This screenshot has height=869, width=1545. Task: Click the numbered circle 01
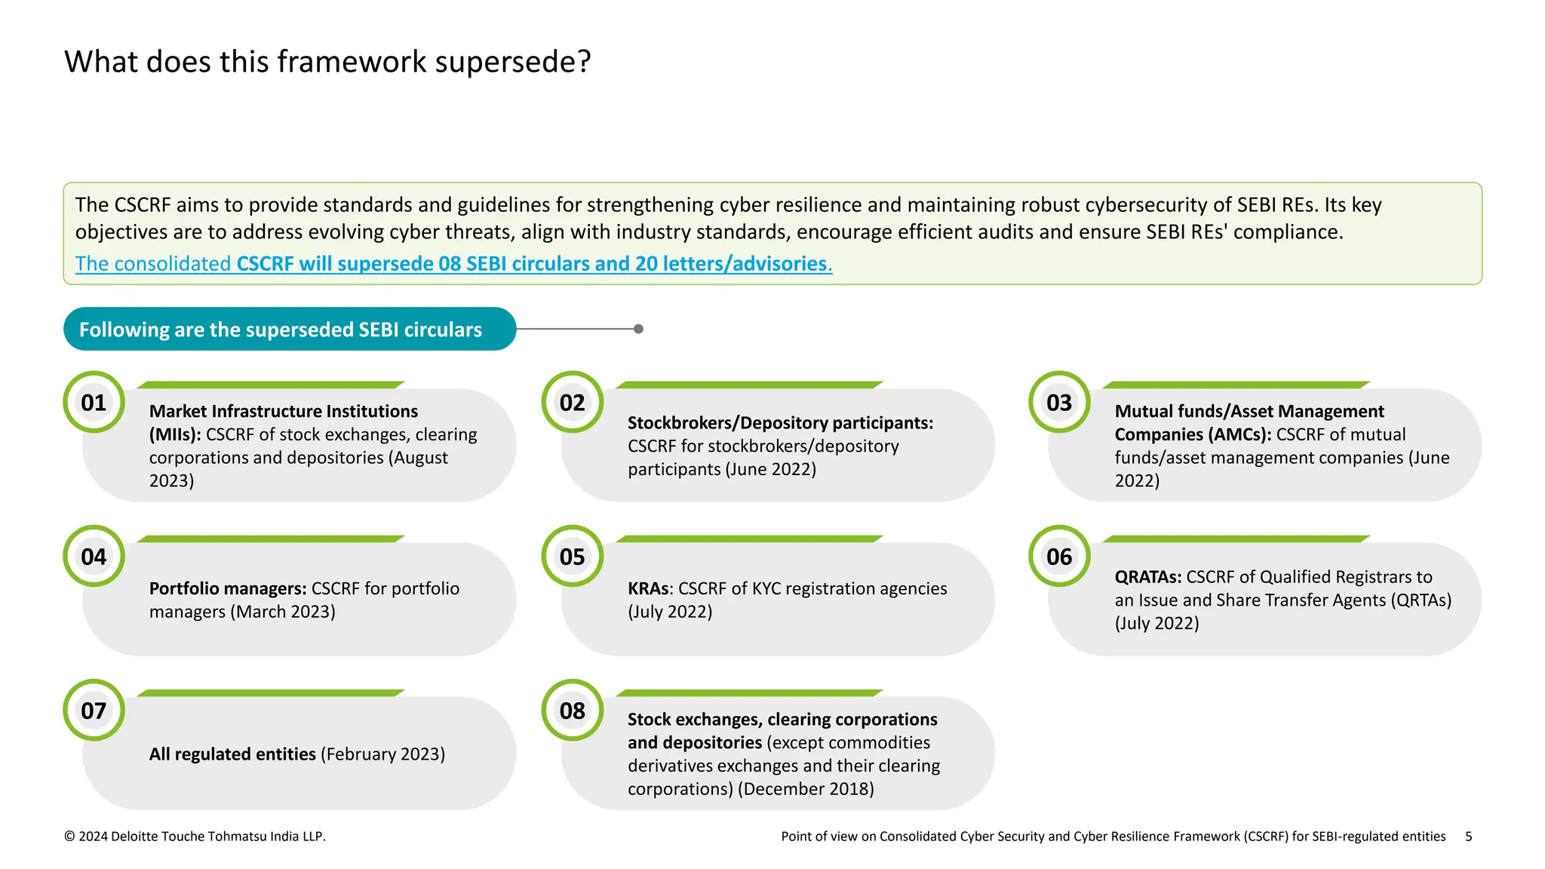point(94,402)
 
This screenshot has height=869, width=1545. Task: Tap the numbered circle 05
point(572,557)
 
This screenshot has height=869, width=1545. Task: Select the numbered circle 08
point(572,711)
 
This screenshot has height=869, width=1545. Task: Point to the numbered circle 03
point(1059,402)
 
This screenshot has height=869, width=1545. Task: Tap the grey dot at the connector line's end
point(638,329)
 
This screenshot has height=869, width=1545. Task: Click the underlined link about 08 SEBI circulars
point(453,263)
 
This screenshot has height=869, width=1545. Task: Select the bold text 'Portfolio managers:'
point(228,588)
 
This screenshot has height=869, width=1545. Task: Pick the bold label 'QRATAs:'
point(1147,577)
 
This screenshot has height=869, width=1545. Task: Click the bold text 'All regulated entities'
point(232,754)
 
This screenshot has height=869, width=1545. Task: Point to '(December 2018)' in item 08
point(806,789)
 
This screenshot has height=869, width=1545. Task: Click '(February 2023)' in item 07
point(382,754)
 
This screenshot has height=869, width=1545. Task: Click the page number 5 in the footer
point(1468,836)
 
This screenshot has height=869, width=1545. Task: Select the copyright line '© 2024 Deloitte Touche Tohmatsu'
point(195,836)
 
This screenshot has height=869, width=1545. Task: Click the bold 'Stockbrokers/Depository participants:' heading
point(780,423)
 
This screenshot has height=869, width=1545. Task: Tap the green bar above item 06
point(1236,539)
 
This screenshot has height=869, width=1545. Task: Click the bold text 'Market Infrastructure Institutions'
point(284,411)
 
